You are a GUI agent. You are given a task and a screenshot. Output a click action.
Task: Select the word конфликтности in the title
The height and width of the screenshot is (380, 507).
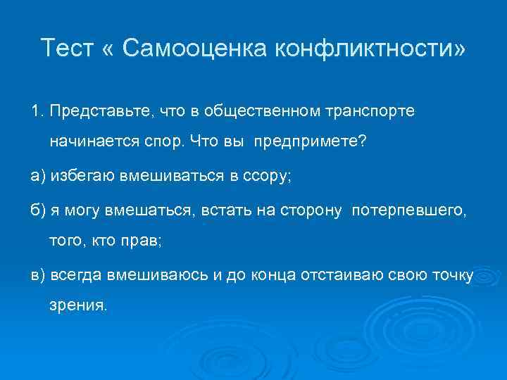[365, 49]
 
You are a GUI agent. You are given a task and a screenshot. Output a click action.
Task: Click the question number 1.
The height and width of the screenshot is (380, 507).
[36, 111]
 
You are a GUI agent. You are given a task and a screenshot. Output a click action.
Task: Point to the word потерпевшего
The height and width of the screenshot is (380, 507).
[408, 210]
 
